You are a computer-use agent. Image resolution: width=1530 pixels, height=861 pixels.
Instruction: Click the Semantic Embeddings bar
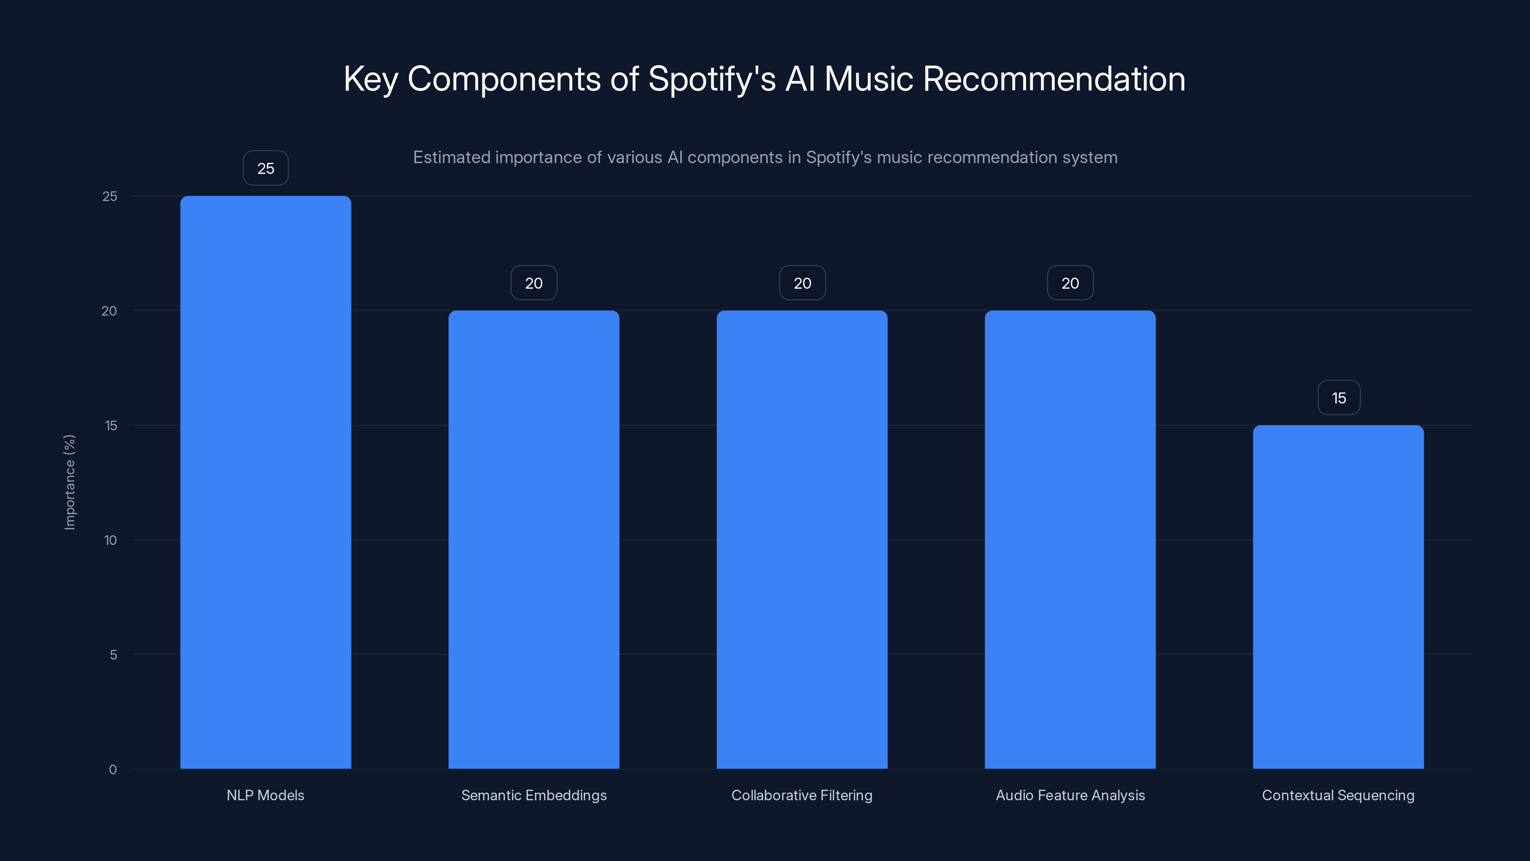click(534, 540)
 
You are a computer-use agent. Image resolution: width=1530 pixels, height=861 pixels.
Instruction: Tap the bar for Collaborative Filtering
click(802, 540)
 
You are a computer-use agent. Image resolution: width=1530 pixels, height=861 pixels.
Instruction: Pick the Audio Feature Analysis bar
click(1070, 540)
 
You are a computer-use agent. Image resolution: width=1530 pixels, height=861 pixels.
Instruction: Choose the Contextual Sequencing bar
click(1338, 596)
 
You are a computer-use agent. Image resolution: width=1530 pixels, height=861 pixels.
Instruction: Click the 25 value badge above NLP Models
click(265, 168)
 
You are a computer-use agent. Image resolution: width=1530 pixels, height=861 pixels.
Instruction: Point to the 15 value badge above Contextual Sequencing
click(1339, 397)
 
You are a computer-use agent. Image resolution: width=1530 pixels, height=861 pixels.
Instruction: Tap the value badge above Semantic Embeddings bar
click(534, 283)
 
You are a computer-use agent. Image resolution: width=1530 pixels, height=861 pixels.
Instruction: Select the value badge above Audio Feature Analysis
click(1070, 283)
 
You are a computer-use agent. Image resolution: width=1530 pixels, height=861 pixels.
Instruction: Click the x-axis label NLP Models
click(265, 795)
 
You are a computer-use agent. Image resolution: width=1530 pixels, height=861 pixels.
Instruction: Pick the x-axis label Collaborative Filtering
click(802, 795)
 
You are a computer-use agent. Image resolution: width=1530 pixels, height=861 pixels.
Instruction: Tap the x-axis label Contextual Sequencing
click(1338, 795)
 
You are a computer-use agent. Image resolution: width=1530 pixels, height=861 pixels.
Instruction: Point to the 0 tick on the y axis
click(113, 770)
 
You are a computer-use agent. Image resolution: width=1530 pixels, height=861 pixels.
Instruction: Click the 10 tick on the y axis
click(110, 540)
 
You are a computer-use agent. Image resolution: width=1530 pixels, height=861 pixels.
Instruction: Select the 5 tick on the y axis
click(113, 655)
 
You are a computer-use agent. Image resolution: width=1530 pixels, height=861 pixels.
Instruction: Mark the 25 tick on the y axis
click(110, 196)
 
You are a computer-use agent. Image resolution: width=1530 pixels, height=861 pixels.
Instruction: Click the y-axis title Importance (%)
click(69, 482)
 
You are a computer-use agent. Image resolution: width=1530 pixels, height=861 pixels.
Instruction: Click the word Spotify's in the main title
click(711, 79)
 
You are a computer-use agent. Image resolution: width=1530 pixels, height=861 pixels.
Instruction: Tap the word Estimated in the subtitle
click(451, 157)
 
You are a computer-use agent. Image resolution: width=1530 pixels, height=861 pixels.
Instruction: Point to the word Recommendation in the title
click(1054, 79)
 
